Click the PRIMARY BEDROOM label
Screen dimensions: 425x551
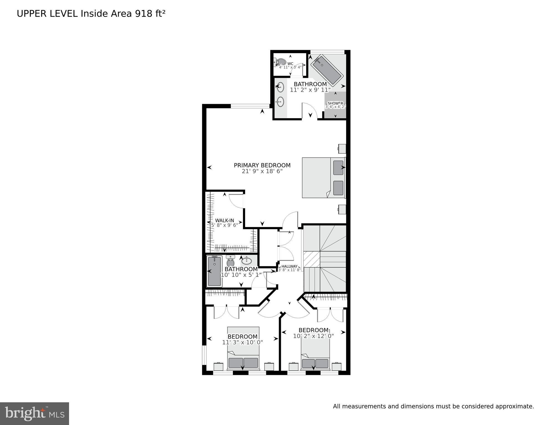262,165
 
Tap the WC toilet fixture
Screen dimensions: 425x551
280,62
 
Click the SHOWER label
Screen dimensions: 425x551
335,103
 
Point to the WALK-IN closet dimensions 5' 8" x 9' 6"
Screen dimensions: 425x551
225,225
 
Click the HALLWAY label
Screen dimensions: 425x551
290,266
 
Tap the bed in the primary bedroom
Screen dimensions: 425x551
323,178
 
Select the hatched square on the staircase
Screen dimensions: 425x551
312,259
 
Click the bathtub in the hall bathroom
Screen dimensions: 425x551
215,271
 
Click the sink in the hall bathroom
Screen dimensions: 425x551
246,261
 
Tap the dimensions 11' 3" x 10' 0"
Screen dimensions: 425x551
242,342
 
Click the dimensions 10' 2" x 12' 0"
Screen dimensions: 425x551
313,336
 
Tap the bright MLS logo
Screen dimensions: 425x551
34,414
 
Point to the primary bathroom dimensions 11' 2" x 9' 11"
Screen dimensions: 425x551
310,90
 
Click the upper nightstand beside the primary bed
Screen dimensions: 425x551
342,148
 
